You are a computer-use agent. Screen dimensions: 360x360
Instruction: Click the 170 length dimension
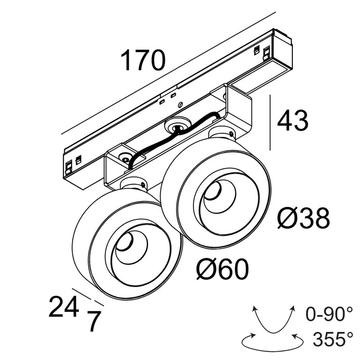pyautogui.click(x=143, y=60)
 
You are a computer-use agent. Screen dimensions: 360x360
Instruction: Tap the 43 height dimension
pyautogui.click(x=293, y=121)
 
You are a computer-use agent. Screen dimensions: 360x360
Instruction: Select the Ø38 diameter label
pyautogui.click(x=303, y=218)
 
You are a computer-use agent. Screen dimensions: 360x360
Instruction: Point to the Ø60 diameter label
pyautogui.click(x=222, y=269)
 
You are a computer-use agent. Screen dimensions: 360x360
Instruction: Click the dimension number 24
pyautogui.click(x=63, y=306)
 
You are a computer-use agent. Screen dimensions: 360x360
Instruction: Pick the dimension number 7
pyautogui.click(x=94, y=321)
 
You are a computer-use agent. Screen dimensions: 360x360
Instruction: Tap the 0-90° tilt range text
pyautogui.click(x=329, y=314)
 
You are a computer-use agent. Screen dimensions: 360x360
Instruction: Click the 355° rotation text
pyautogui.click(x=333, y=339)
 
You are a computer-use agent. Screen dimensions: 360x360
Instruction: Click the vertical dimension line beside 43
pyautogui.click(x=270, y=122)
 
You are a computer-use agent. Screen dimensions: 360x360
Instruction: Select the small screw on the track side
pyautogui.click(x=180, y=105)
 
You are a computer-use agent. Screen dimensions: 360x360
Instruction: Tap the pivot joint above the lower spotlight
pyautogui.click(x=134, y=184)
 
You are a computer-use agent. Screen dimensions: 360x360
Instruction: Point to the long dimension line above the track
pyautogui.click(x=168, y=73)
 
